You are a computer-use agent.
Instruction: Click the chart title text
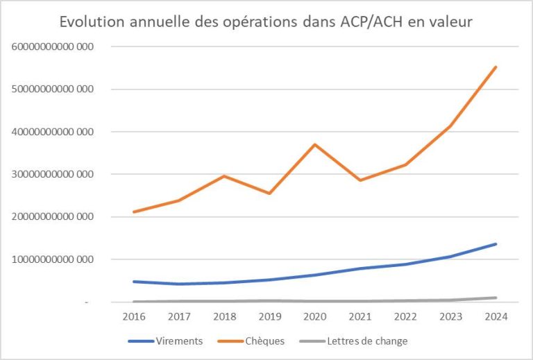(x=266, y=22)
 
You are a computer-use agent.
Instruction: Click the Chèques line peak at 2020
(x=315, y=144)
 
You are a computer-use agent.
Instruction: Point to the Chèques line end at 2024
(x=496, y=67)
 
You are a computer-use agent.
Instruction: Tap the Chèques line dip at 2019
(x=269, y=193)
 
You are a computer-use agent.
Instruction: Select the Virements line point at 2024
(x=496, y=244)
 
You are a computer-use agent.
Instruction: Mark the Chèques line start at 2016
(x=133, y=212)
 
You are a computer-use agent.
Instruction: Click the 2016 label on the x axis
(x=133, y=316)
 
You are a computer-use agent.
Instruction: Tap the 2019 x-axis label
(x=269, y=316)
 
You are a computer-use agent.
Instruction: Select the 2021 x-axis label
(x=360, y=316)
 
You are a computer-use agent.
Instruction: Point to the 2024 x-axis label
(x=496, y=316)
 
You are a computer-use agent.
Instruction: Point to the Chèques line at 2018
(x=224, y=176)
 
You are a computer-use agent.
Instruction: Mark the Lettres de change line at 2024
(x=496, y=298)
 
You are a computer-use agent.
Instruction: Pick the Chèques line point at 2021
(x=360, y=180)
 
